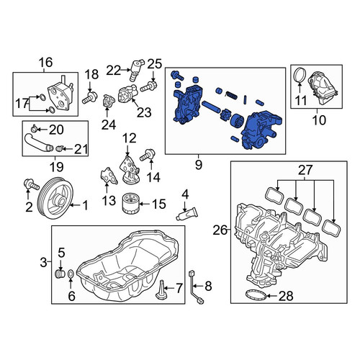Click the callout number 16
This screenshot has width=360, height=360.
(46, 63)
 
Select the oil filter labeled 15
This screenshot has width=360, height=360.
(130, 204)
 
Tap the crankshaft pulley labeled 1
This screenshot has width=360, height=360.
(57, 197)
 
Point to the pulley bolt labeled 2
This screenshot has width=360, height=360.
(31, 184)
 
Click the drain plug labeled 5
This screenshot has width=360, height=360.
(60, 274)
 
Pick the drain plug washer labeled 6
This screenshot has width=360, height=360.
(71, 274)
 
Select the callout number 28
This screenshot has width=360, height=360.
(286, 296)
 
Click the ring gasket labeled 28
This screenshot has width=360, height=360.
(256, 294)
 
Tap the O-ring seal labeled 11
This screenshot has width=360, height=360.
(300, 76)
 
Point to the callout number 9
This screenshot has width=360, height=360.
(199, 164)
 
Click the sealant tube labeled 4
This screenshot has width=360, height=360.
(187, 214)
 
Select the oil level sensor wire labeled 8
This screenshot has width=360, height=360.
(196, 287)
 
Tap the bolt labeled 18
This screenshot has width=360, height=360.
(90, 98)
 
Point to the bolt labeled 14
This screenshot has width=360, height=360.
(148, 155)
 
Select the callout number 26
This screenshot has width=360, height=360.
(220, 230)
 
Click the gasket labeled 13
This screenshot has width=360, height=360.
(108, 176)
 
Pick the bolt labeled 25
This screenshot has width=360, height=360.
(149, 86)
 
